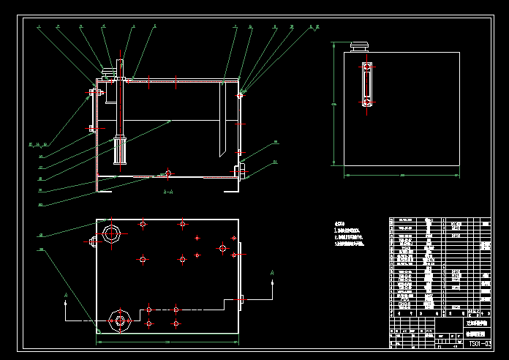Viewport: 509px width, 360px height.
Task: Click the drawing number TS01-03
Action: tap(477, 343)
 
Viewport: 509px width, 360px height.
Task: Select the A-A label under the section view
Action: tap(167, 192)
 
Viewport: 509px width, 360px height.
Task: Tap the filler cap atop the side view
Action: tap(358, 48)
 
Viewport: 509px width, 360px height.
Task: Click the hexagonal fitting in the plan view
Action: tap(119, 319)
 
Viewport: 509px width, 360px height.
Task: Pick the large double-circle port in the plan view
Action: tap(112, 234)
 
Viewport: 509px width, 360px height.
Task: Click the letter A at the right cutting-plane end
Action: tap(272, 272)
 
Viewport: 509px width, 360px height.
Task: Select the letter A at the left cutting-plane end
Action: tap(66, 296)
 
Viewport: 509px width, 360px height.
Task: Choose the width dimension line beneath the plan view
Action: tap(167, 342)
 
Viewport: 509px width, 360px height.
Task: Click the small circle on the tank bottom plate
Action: tap(168, 173)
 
